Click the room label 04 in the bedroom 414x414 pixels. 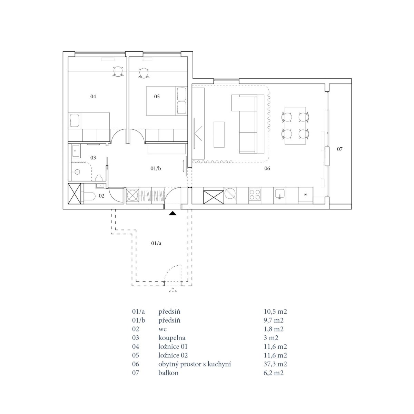click(x=93, y=97)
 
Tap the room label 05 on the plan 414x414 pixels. click(x=157, y=97)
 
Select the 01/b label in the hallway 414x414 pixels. click(x=156, y=168)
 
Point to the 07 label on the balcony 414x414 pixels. click(x=339, y=149)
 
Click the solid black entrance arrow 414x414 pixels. click(x=173, y=213)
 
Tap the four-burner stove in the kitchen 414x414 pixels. click(x=255, y=195)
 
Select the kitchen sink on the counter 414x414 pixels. click(x=280, y=194)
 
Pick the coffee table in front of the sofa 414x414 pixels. click(x=219, y=135)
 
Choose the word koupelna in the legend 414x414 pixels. click(x=172, y=338)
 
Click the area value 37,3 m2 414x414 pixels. click(x=275, y=364)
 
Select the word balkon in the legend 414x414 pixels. click(x=168, y=373)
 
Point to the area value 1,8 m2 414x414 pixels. click(x=274, y=329)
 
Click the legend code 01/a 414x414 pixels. click(x=138, y=312)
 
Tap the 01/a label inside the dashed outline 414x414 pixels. click(x=156, y=243)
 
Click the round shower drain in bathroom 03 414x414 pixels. click(x=77, y=172)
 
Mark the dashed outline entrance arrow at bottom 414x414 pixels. click(x=173, y=290)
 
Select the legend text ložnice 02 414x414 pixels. click(x=173, y=355)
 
